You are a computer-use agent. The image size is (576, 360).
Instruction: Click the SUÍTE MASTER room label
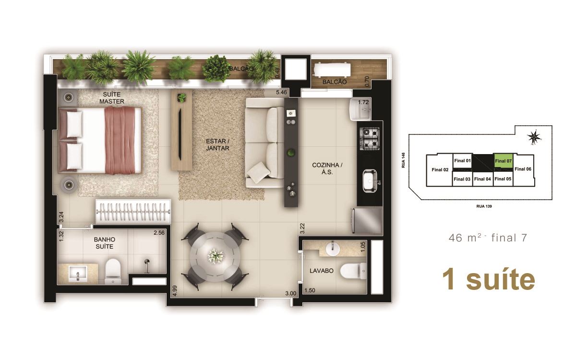111,98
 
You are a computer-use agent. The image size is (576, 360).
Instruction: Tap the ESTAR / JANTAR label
217,144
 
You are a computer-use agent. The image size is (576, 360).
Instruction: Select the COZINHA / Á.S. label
327,168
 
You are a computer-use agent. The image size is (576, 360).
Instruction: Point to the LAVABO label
322,271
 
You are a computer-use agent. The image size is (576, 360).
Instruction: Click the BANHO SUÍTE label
105,243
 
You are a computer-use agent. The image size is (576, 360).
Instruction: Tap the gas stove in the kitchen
370,139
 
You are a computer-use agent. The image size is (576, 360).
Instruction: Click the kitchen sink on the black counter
370,181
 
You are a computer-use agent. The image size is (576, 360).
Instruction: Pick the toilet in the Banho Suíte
113,271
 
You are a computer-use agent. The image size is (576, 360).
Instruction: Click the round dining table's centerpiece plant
216,255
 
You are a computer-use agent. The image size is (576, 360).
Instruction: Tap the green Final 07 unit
503,161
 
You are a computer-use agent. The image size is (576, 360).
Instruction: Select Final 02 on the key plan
440,170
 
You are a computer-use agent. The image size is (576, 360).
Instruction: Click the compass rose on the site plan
534,137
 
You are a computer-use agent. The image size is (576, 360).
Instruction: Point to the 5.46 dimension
281,92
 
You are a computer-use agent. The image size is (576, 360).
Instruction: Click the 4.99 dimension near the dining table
175,291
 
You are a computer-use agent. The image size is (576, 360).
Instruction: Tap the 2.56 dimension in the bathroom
159,233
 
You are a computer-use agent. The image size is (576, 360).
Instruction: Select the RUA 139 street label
484,206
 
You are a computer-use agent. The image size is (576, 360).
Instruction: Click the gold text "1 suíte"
489,280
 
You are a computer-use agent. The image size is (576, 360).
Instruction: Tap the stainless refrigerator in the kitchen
367,221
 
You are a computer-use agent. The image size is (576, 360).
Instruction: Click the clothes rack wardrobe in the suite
133,212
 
